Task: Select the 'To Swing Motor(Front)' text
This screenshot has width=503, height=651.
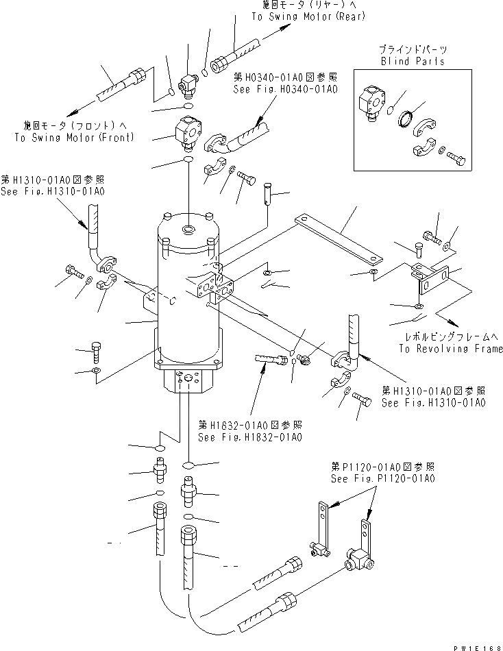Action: pyautogui.click(x=74, y=137)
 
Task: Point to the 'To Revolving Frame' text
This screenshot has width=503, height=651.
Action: pyautogui.click(x=450, y=348)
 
